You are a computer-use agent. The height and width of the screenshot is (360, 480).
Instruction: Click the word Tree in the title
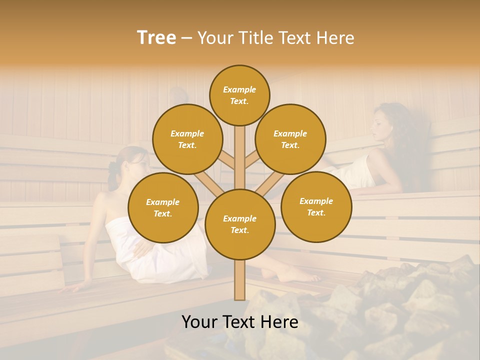tap(156, 37)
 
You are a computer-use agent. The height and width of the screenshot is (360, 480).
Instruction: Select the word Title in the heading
tap(255, 37)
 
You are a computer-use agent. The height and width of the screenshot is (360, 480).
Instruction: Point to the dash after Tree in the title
tap(186, 38)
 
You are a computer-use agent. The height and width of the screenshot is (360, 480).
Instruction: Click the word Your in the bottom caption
tap(200, 322)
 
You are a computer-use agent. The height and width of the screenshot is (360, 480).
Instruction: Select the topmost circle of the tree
tap(239, 95)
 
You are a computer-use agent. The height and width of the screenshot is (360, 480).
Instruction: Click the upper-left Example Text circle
tap(187, 139)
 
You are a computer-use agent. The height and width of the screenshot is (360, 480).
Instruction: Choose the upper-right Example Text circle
tap(290, 139)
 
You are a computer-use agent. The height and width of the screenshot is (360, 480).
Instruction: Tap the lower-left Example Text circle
tap(163, 207)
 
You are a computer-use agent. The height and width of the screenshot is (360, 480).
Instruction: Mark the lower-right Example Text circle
tap(316, 206)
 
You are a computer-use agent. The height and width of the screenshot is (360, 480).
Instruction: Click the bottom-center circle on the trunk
tap(240, 224)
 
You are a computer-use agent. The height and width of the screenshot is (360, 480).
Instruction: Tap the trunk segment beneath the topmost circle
tap(240, 155)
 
